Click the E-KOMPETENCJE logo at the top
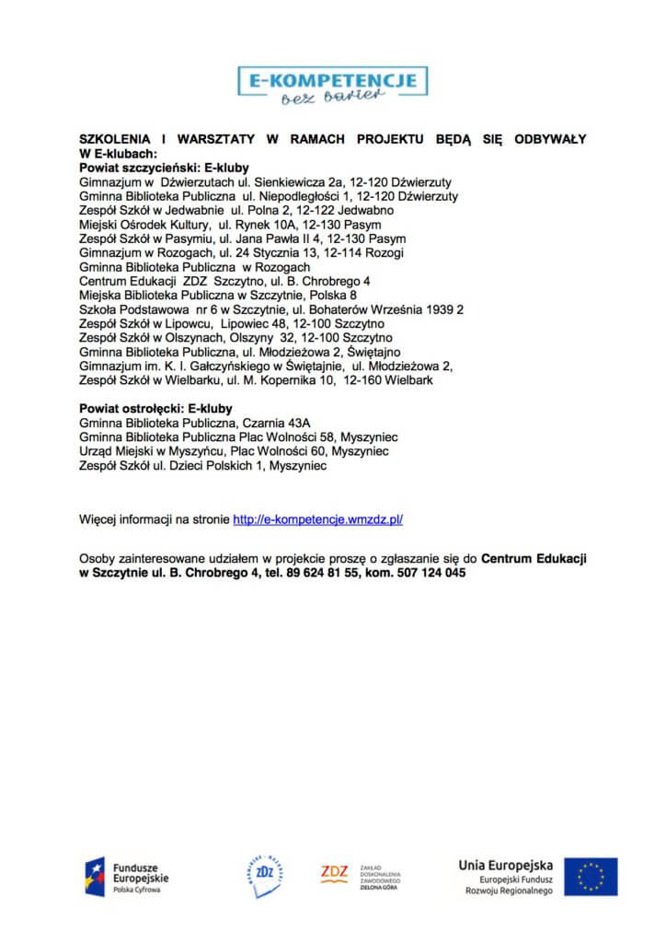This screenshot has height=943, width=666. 332,86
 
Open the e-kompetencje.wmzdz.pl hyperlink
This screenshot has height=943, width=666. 317,519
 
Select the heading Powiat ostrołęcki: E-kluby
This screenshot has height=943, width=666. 155,408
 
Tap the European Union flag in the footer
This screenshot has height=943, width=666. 591,877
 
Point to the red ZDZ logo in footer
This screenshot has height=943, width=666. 334,871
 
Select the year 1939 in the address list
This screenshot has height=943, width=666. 438,310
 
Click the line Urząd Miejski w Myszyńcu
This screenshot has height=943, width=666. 234,452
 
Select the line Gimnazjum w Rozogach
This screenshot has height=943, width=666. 241,251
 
